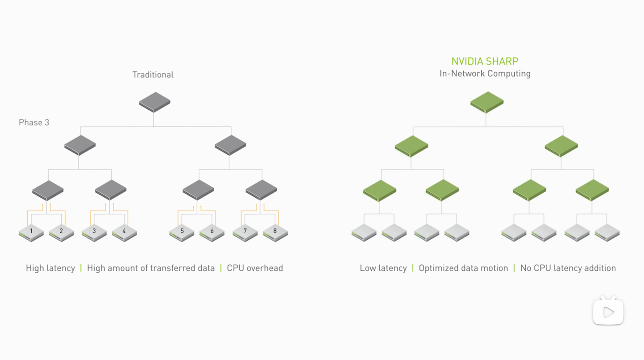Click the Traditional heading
[x=153, y=75]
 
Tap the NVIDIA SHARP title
[x=485, y=62]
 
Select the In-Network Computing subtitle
[x=485, y=73]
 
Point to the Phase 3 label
[x=34, y=123]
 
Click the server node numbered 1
[x=31, y=233]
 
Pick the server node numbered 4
[x=124, y=233]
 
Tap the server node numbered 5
[x=182, y=233]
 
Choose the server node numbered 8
[x=275, y=233]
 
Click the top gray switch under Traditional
[x=154, y=102]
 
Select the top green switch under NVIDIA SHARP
[x=487, y=102]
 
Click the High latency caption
[x=51, y=268]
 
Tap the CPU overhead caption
[x=255, y=268]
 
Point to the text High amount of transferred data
[x=151, y=268]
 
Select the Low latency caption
[x=383, y=268]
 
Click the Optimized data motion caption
[x=463, y=268]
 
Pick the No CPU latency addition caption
[x=568, y=268]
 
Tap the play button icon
[x=608, y=312]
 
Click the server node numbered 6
[x=212, y=233]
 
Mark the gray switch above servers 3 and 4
[x=111, y=190]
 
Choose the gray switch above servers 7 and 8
[x=262, y=190]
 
